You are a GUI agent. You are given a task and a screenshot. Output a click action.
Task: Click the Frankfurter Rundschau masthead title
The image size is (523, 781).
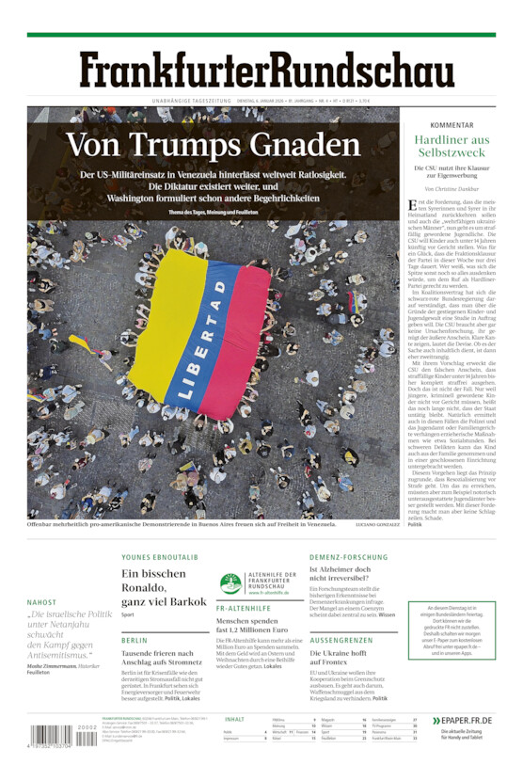tap(266, 71)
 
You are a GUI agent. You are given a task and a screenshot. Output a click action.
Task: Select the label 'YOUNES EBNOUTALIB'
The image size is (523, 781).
tap(160, 557)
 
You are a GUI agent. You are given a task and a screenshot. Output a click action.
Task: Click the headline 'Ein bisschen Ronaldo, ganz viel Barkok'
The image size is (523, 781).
tap(163, 587)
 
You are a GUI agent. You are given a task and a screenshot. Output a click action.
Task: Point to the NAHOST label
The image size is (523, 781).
tap(41, 602)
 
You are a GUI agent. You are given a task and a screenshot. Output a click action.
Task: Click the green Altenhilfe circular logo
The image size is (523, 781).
tap(230, 583)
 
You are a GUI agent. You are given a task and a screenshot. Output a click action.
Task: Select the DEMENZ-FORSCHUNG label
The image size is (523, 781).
tap(348, 557)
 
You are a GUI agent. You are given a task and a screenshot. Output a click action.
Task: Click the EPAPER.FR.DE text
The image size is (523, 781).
tap(468, 720)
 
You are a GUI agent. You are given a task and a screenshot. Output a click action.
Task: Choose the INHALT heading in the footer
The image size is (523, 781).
tap(234, 719)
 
